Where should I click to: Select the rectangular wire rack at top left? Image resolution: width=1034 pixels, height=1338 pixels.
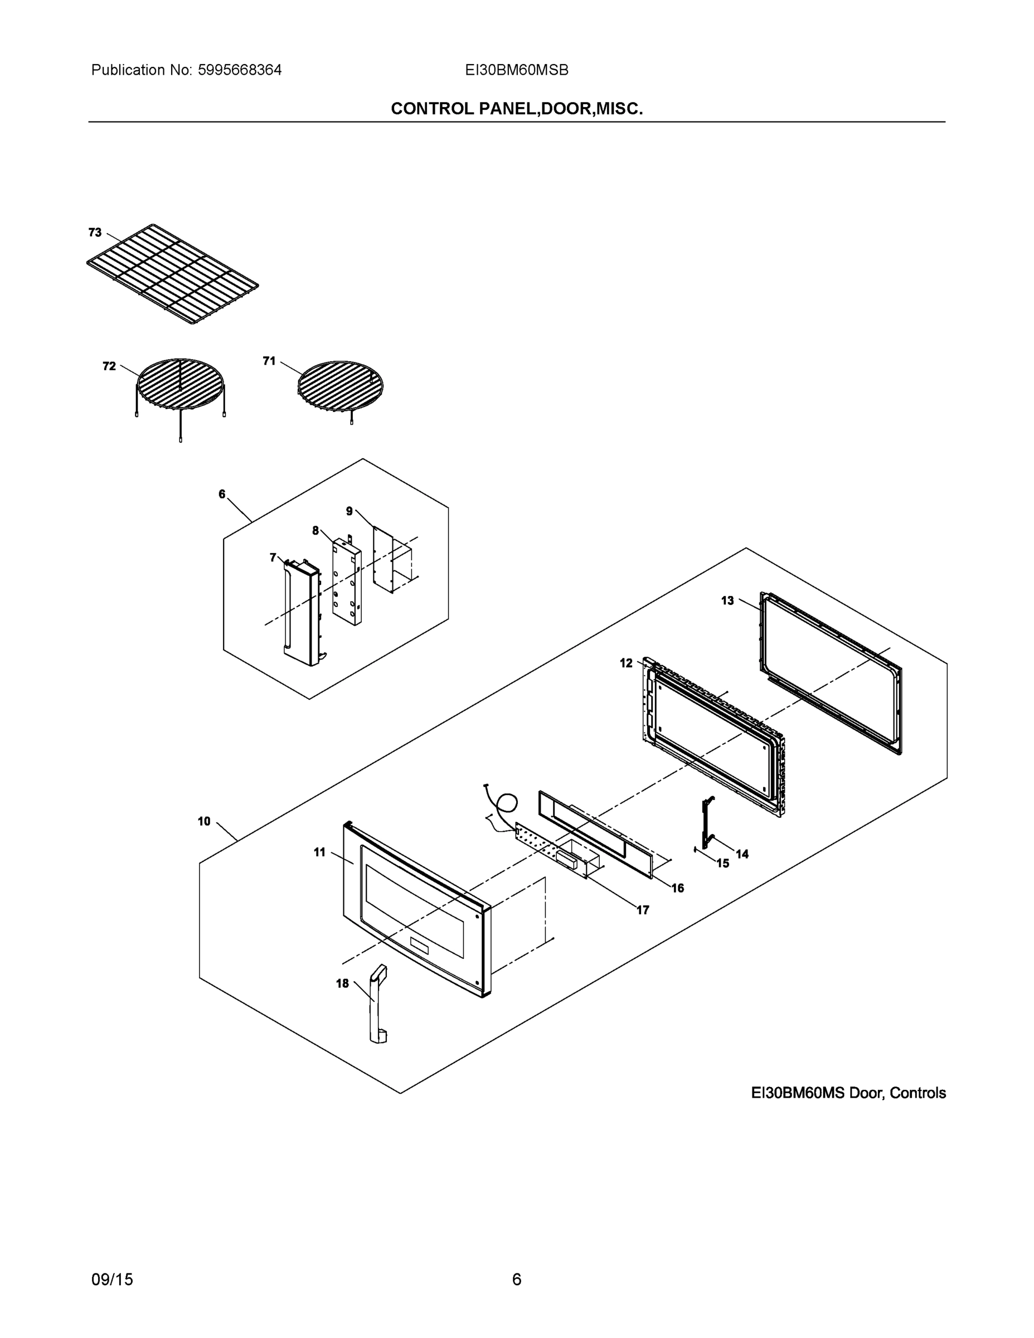(172, 274)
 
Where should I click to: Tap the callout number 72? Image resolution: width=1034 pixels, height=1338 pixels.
(109, 366)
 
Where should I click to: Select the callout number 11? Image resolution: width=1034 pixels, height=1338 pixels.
(320, 852)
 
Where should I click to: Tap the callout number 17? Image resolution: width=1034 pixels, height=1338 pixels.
(643, 910)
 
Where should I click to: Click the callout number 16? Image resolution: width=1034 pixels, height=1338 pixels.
(677, 888)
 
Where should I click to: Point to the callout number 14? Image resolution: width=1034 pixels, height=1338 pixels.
(742, 854)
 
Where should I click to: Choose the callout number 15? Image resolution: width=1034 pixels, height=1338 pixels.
(723, 863)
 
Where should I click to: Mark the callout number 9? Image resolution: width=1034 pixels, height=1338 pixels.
(349, 511)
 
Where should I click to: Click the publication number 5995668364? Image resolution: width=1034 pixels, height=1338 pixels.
(240, 70)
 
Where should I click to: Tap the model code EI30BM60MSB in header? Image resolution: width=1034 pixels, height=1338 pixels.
(516, 70)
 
